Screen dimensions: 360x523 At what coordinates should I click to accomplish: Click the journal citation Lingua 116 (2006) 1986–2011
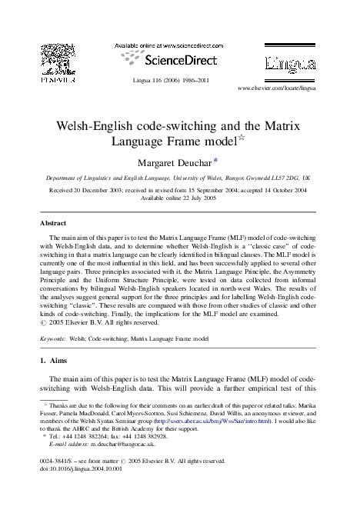180,80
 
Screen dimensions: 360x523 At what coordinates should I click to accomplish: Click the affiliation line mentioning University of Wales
180,175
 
